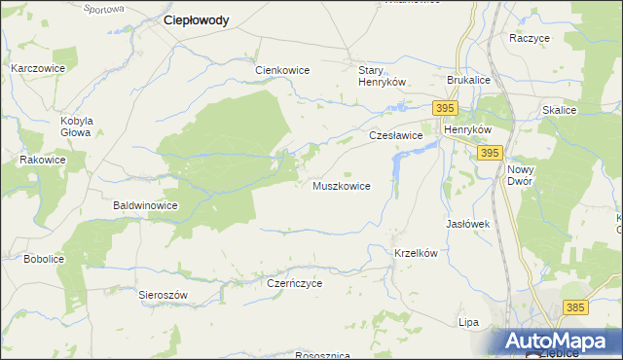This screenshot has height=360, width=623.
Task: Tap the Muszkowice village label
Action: tap(341, 186)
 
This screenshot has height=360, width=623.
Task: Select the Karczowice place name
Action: tap(38, 69)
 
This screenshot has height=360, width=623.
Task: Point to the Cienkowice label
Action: tap(282, 70)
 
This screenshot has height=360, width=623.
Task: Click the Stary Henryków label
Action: tap(382, 76)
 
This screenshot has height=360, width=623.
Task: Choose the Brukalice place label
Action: tap(469, 81)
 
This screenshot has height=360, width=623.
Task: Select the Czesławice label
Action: tap(395, 136)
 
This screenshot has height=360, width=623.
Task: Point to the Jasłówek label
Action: tap(467, 224)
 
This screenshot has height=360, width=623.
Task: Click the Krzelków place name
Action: tap(418, 252)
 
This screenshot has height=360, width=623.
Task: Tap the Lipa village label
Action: tap(469, 321)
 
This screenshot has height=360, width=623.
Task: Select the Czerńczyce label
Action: tap(294, 283)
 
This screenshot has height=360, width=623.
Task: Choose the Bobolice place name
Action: tap(44, 259)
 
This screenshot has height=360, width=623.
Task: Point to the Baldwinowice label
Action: tap(145, 206)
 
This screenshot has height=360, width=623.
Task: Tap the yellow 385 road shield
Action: tap(575, 307)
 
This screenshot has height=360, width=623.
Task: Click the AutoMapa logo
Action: tap(561, 342)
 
